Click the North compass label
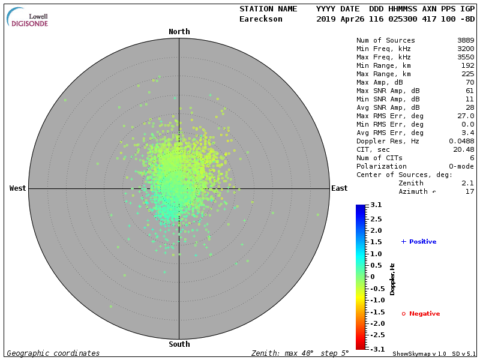click(179, 32)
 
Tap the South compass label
click(179, 344)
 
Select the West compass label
click(17, 188)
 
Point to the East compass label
click(339, 188)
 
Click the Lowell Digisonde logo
click(29, 18)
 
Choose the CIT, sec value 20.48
click(462, 149)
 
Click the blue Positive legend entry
click(419, 242)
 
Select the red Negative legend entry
click(421, 314)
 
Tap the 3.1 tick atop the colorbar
click(376, 205)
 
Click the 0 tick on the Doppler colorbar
click(372, 277)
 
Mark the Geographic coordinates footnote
click(53, 353)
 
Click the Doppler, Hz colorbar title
click(393, 278)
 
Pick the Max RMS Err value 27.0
click(464, 116)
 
